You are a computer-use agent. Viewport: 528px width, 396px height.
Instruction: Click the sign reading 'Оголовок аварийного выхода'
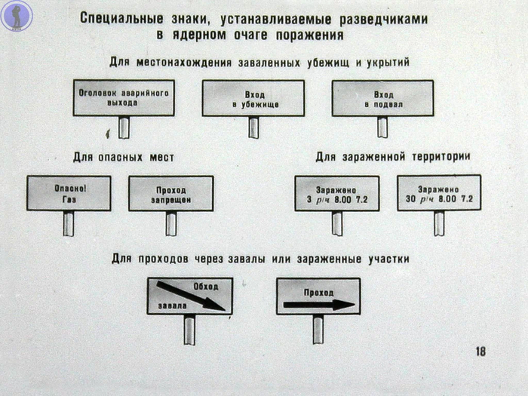(124, 97)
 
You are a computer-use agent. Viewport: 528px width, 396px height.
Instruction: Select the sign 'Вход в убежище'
(254, 98)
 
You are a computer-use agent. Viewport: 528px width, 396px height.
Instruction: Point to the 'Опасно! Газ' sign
(69, 193)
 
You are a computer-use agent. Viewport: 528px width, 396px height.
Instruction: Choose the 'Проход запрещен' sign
(170, 193)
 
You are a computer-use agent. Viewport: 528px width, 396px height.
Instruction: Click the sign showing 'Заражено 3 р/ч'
(336, 193)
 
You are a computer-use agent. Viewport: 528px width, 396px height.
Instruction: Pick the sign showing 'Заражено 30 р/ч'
(439, 193)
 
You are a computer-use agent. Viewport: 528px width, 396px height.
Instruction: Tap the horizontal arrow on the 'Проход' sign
(318, 305)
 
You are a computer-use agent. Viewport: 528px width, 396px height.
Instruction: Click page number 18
(480, 351)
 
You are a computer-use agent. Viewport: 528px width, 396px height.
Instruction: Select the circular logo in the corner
(16, 16)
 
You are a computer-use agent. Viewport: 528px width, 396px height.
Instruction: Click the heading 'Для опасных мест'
(124, 157)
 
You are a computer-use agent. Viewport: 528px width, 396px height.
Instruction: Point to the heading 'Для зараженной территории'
(392, 157)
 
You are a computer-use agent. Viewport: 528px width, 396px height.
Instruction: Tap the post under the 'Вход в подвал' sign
(382, 127)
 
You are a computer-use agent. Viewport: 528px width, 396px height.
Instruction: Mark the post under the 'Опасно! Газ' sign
(69, 223)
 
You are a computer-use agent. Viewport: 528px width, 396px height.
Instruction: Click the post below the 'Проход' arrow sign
(318, 329)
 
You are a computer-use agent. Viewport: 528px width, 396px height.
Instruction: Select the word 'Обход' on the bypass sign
(205, 287)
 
